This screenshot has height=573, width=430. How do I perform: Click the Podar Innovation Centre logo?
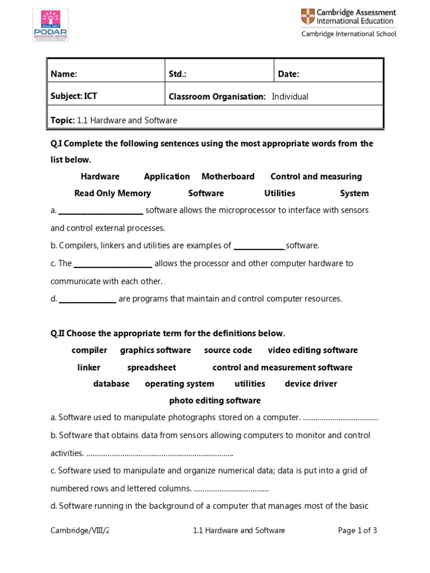[51, 25]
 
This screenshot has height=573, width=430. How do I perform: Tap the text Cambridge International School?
[349, 34]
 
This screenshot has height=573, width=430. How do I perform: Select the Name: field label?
[64, 74]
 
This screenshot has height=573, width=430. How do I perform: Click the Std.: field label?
[177, 74]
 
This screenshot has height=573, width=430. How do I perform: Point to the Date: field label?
[289, 74]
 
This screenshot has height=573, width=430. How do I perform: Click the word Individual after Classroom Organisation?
[290, 96]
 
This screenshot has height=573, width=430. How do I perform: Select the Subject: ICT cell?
[74, 96]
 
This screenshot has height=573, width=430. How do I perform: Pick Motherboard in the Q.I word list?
[228, 176]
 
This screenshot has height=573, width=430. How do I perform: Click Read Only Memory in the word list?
[113, 193]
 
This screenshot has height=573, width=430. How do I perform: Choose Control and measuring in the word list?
[316, 176]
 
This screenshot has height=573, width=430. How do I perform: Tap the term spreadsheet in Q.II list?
[151, 368]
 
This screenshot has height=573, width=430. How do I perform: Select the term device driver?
[311, 384]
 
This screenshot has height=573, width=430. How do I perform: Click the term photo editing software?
[215, 401]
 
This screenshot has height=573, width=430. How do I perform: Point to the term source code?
[228, 350]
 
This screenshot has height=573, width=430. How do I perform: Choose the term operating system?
[179, 384]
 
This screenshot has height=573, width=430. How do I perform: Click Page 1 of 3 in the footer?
[357, 530]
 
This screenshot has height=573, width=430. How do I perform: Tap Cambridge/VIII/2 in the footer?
[80, 530]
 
